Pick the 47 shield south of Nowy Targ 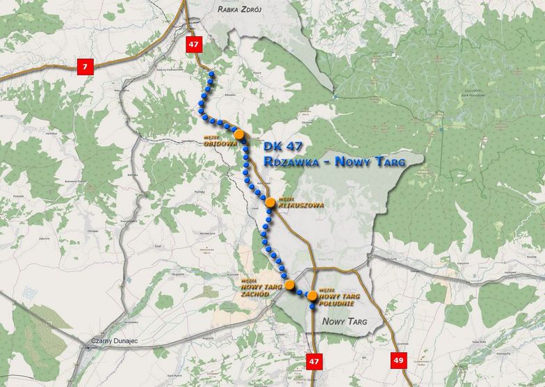tap(314, 360)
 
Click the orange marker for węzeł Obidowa tap(239, 134)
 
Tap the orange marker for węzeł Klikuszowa tap(270, 203)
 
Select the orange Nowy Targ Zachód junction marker tap(289, 284)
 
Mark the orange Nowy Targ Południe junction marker tap(312, 297)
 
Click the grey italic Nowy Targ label tap(344, 321)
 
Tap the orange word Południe tap(340, 303)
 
